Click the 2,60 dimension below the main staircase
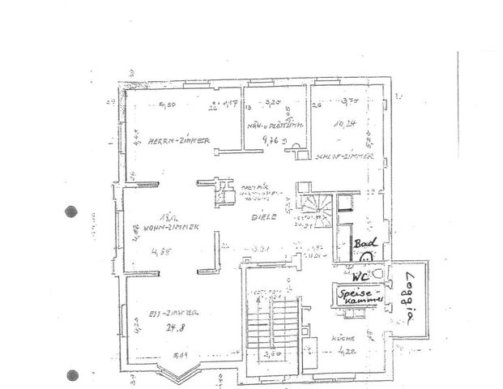273,354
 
